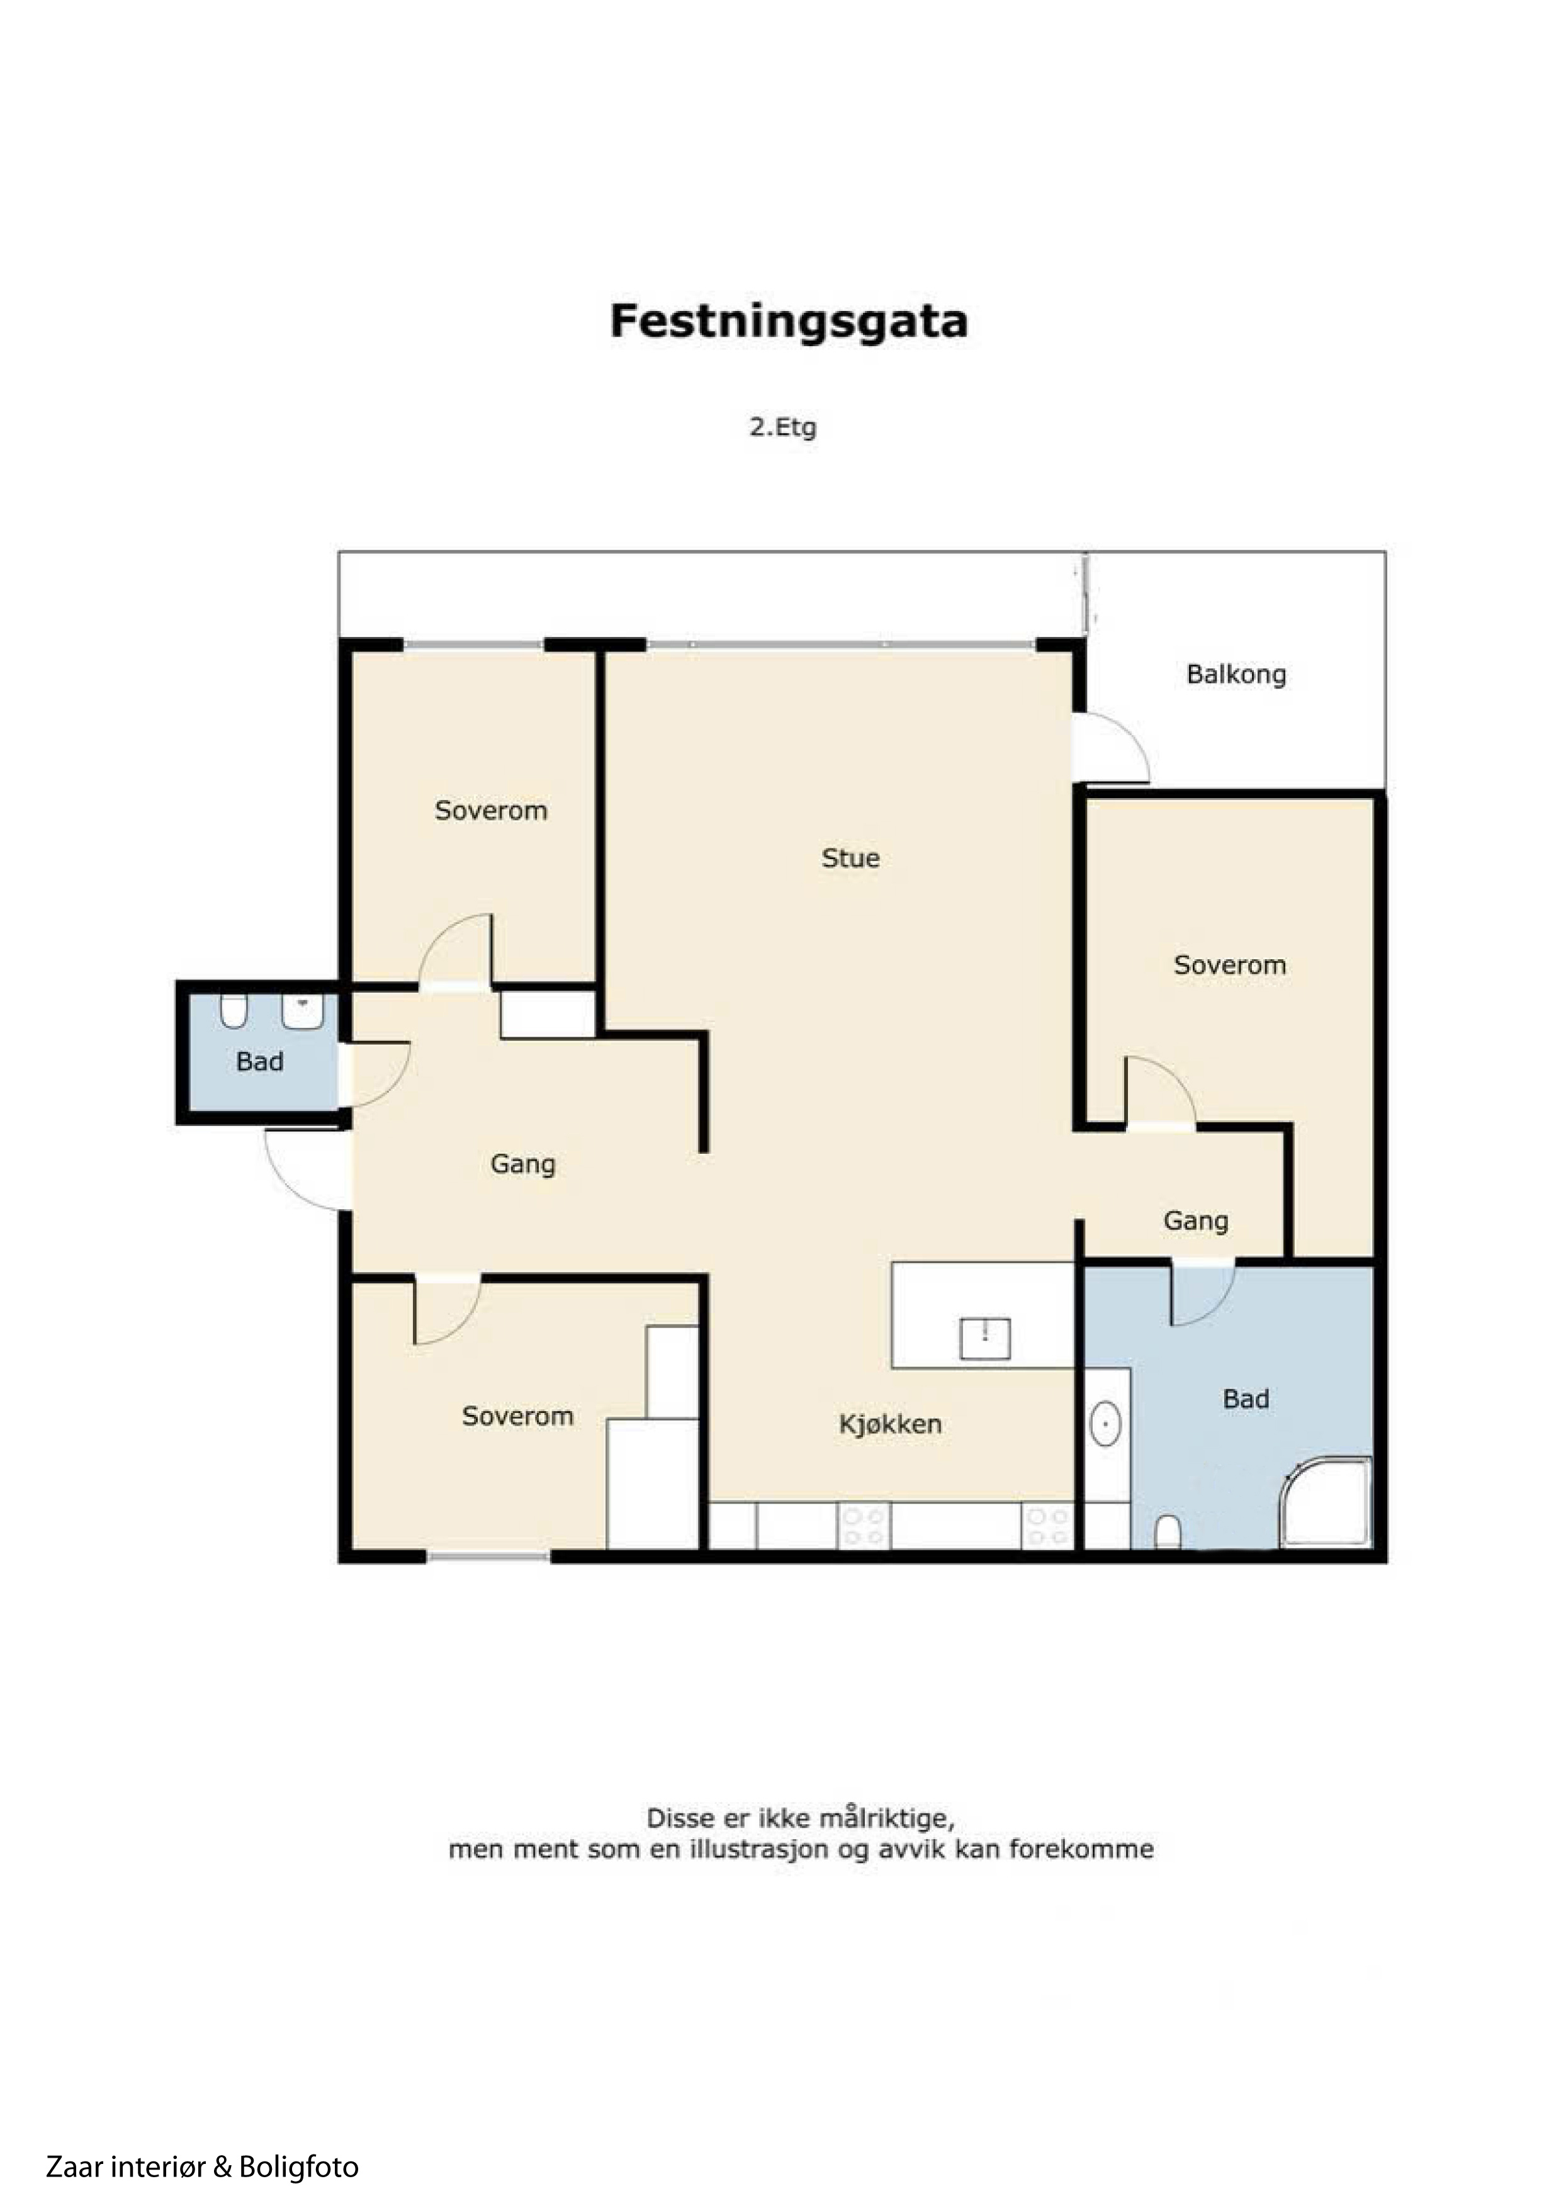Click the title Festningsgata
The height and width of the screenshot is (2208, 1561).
click(789, 321)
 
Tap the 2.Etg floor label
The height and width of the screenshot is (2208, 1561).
click(783, 426)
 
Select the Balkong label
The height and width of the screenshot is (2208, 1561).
click(1236, 674)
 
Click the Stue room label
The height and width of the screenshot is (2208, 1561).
click(850, 858)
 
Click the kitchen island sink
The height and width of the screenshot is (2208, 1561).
click(985, 1339)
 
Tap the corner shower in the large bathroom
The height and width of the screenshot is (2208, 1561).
click(1326, 1503)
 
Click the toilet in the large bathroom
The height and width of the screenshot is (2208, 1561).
click(1168, 1533)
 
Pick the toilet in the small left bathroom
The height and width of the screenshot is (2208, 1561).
click(234, 1011)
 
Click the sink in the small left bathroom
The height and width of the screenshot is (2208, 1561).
click(302, 1011)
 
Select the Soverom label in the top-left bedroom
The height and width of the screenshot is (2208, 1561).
click(490, 811)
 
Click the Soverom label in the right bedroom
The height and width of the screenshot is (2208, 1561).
click(1229, 966)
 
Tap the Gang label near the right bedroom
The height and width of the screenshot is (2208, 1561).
click(1195, 1221)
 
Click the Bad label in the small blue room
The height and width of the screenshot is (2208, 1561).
click(260, 1062)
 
